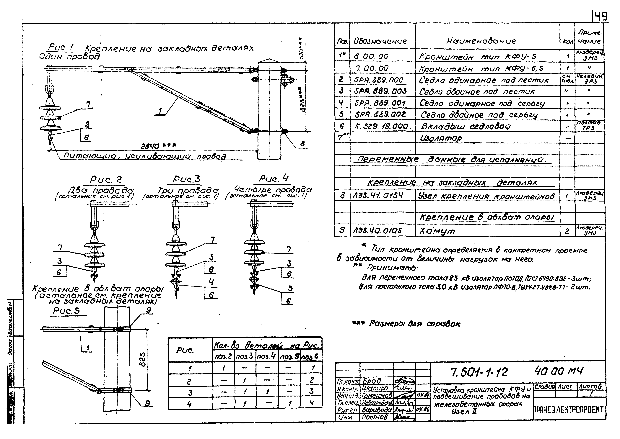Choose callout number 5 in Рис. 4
290,288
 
